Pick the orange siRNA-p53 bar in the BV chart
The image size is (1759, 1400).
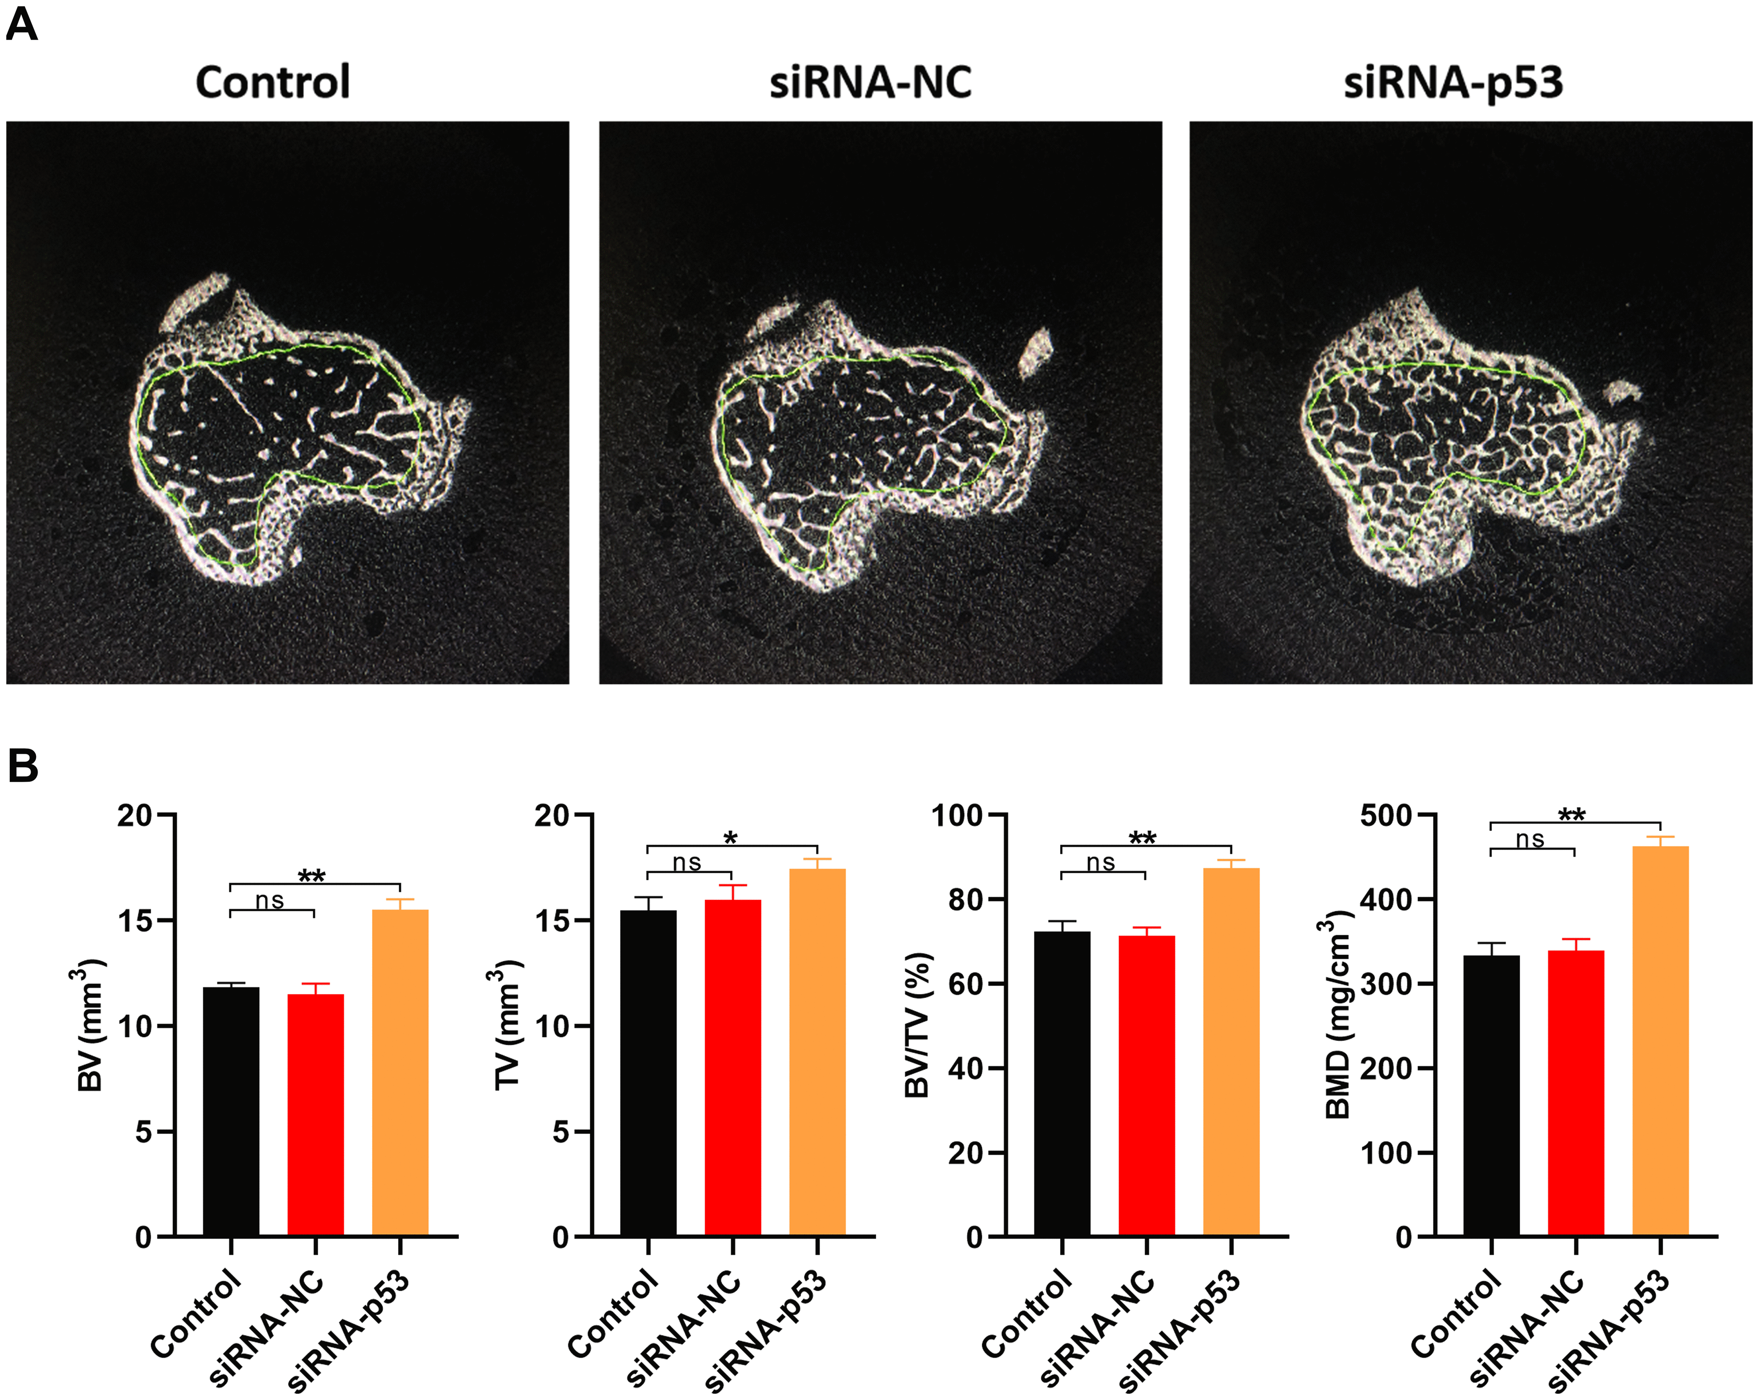tap(400, 1073)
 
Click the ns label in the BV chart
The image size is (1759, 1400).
tap(270, 901)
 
